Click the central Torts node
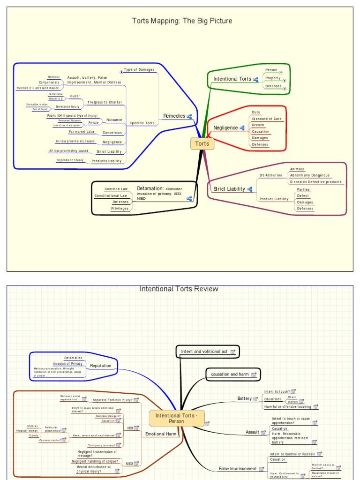coord(202,144)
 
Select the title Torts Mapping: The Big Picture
coord(182,21)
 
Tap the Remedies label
coord(173,116)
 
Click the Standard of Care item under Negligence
coord(267,119)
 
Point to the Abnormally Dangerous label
coord(309,175)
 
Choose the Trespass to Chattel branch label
coord(105,102)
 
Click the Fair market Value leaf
coord(82,132)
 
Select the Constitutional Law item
coord(111,195)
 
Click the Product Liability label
coord(274,199)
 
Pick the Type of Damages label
coord(139,69)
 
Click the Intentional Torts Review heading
coord(179,289)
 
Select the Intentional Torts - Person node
coord(177,418)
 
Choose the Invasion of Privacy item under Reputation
coord(67,364)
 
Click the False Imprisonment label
coord(237,469)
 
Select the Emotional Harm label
coord(161,434)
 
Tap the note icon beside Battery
coord(256,399)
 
